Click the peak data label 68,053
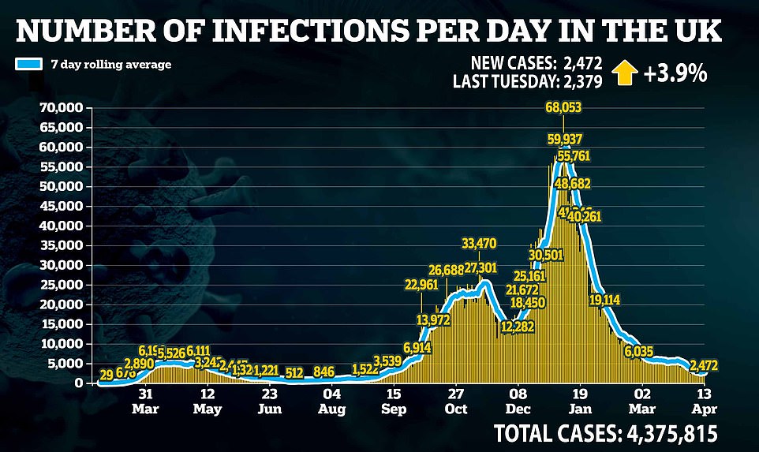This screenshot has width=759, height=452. pos(563,106)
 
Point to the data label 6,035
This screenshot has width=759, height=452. pos(640,351)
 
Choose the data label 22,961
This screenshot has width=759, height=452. pos(426,285)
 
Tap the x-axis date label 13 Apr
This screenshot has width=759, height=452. pos(705,401)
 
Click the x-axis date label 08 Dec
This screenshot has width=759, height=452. pos(518,401)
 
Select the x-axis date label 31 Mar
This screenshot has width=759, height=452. pos(144,401)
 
